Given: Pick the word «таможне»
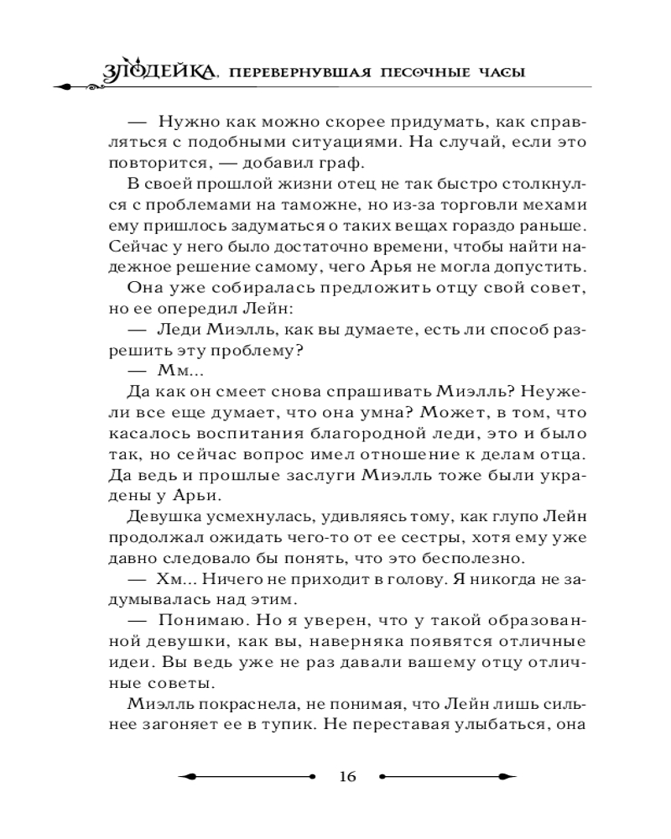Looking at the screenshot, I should (335, 206).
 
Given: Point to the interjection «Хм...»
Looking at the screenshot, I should (174, 579).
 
